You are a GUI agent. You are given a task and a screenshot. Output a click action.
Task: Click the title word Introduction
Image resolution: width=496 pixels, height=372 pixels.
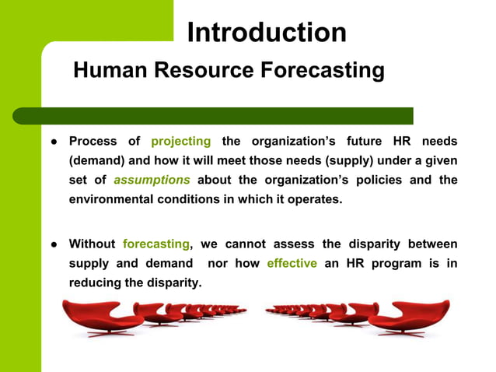[267, 33]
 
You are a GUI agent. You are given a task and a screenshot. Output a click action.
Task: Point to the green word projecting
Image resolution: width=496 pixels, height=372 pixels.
[180, 142]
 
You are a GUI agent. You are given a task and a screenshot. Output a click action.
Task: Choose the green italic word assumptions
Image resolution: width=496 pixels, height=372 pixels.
[152, 180]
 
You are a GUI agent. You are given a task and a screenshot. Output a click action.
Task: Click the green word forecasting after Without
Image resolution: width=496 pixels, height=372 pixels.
[155, 244]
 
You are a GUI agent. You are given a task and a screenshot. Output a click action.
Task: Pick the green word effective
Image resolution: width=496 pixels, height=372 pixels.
[292, 263]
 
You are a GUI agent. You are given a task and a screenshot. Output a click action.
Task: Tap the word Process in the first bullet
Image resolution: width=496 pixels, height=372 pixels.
[93, 142]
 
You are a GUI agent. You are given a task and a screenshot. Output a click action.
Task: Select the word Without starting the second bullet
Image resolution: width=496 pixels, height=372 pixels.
[92, 244]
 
